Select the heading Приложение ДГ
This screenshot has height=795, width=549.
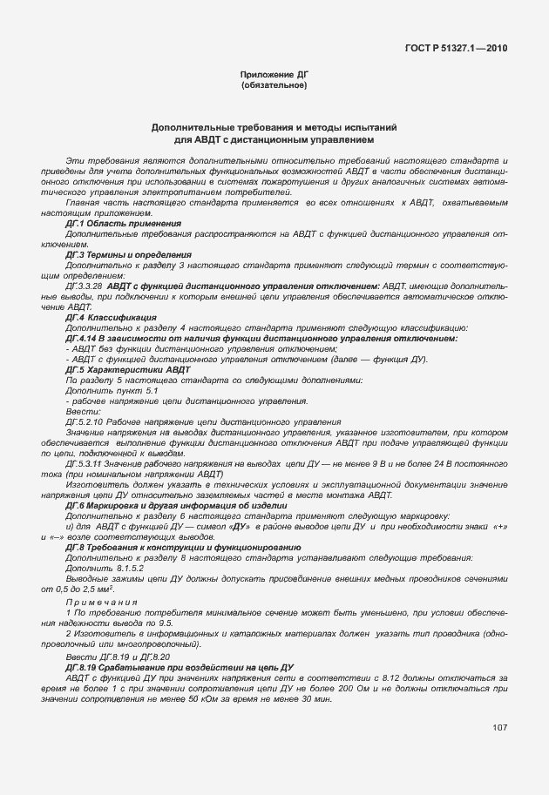274,76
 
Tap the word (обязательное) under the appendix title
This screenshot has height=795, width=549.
274,86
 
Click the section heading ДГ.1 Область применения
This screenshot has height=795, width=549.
123,224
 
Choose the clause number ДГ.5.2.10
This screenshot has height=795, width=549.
85,421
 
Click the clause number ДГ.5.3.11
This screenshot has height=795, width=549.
85,463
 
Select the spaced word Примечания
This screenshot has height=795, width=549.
102,603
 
